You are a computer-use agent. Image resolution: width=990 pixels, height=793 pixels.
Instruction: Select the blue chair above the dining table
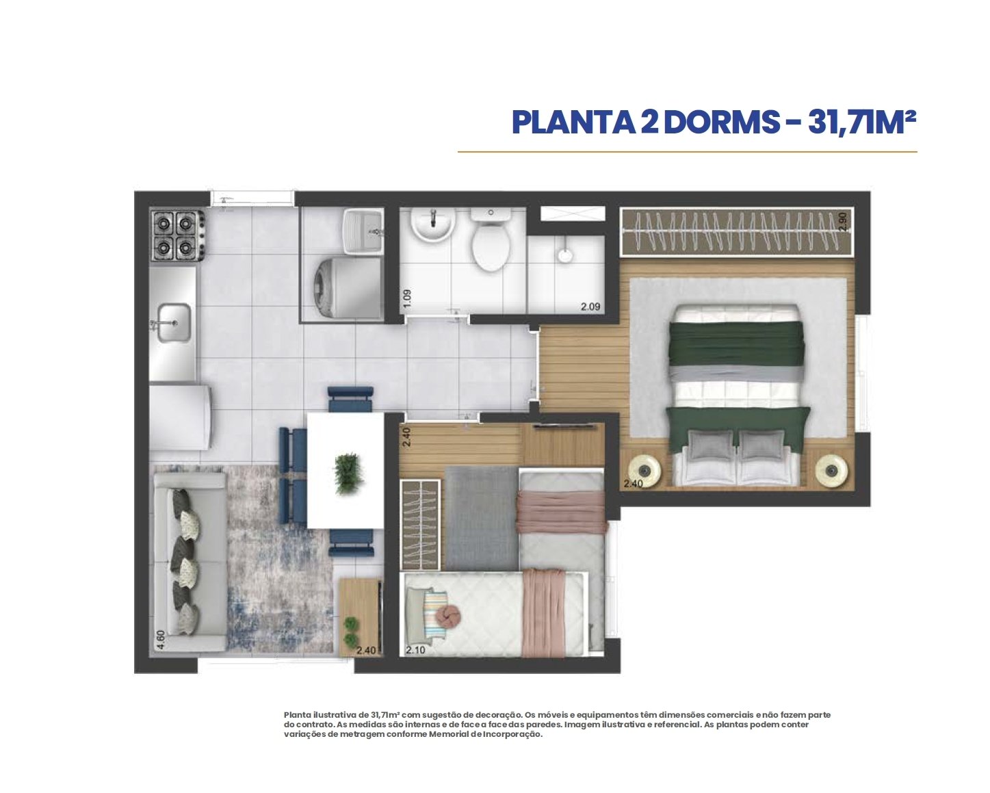(350, 399)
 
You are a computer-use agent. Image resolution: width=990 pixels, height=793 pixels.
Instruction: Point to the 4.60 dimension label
(161, 639)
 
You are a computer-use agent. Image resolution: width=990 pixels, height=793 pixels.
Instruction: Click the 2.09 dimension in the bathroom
(590, 307)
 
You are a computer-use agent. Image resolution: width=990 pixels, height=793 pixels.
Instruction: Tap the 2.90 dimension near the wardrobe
(842, 221)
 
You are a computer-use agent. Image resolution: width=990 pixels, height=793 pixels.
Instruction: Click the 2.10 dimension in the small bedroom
(416, 650)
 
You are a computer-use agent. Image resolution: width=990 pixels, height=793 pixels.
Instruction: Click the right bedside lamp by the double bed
(832, 470)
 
